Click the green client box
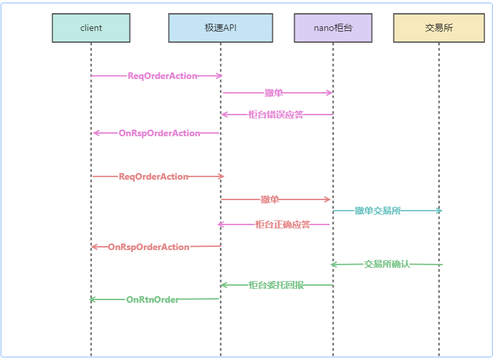click(91, 28)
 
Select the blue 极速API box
click(220, 28)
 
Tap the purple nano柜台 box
click(333, 28)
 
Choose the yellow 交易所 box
click(439, 28)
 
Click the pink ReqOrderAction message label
click(162, 76)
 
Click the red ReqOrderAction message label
click(153, 176)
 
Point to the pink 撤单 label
click(274, 93)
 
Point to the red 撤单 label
click(270, 199)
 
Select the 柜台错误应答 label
click(276, 115)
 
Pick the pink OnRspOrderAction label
click(159, 133)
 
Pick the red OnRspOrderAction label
click(149, 247)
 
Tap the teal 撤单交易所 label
click(378, 211)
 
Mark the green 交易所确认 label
click(387, 264)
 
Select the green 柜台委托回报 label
click(276, 285)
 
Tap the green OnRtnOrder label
click(153, 299)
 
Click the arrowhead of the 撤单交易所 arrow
click(440, 211)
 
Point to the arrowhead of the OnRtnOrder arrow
click(92, 299)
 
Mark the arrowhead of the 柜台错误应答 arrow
click(224, 115)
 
